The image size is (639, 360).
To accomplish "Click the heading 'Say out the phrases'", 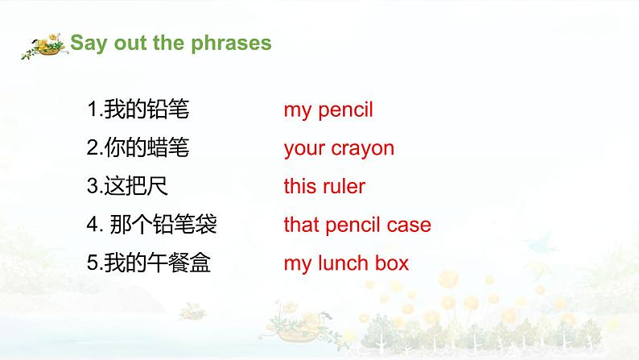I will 171,43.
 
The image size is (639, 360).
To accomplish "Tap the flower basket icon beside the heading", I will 45,46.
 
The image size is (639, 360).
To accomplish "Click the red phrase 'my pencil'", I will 328,110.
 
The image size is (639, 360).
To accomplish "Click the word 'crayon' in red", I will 361,149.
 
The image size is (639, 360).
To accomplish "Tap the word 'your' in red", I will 303,149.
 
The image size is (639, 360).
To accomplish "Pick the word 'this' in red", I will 298,187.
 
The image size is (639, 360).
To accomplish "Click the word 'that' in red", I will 299,226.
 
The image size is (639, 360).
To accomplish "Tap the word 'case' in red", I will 410,226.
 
